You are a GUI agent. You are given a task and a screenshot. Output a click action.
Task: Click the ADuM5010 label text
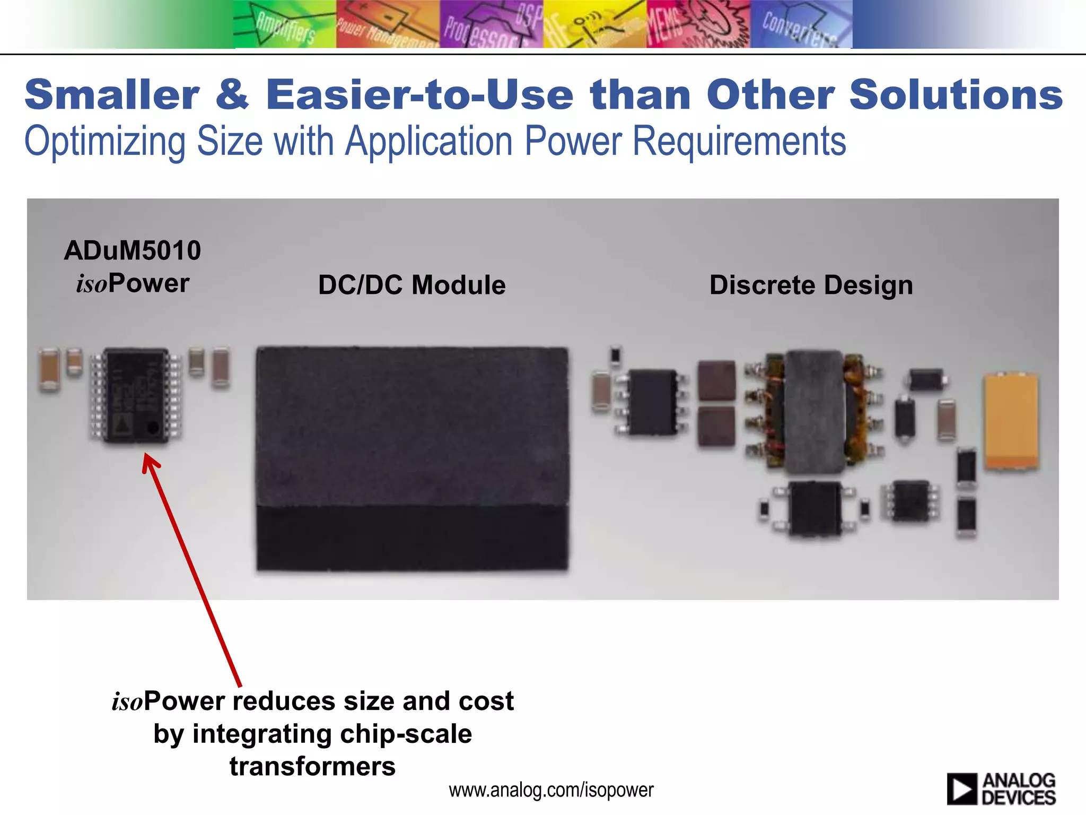click(x=133, y=250)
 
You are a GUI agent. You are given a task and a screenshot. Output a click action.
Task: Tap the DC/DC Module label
click(x=411, y=285)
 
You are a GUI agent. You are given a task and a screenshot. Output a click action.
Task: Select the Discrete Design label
click(x=811, y=285)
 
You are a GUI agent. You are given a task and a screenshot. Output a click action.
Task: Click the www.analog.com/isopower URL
click(x=551, y=790)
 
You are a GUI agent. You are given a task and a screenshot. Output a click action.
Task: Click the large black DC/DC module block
click(x=412, y=459)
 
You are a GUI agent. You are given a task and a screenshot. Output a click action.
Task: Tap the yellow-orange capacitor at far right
click(x=1011, y=422)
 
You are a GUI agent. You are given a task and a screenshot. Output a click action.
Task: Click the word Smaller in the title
click(x=112, y=95)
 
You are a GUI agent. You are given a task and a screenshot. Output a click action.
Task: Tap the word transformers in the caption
click(x=312, y=767)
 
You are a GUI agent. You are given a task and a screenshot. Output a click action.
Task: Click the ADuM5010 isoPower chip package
click(x=136, y=395)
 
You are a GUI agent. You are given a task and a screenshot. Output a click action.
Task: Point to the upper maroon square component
click(x=717, y=380)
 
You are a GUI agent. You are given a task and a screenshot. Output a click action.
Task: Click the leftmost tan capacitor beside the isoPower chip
click(x=49, y=369)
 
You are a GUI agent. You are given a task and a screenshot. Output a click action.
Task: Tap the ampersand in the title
click(x=232, y=95)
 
